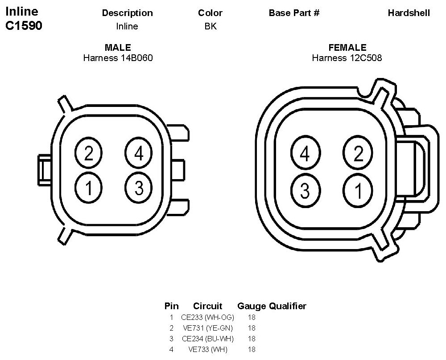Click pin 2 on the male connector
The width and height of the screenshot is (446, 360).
pyautogui.click(x=88, y=153)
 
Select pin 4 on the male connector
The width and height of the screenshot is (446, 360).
pyautogui.click(x=139, y=153)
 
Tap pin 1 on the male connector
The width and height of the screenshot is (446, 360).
pyautogui.click(x=88, y=188)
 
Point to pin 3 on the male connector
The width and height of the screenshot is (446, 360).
pyautogui.click(x=139, y=188)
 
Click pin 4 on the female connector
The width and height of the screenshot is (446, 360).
pyautogui.click(x=306, y=153)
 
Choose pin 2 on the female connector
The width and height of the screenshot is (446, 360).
pyautogui.click(x=358, y=153)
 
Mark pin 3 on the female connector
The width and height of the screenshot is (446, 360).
pyautogui.click(x=306, y=190)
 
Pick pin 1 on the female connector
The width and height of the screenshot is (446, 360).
pyautogui.click(x=358, y=190)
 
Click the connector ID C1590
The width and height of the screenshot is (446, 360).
pyautogui.click(x=24, y=25)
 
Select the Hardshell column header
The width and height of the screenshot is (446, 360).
pyautogui.click(x=409, y=13)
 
